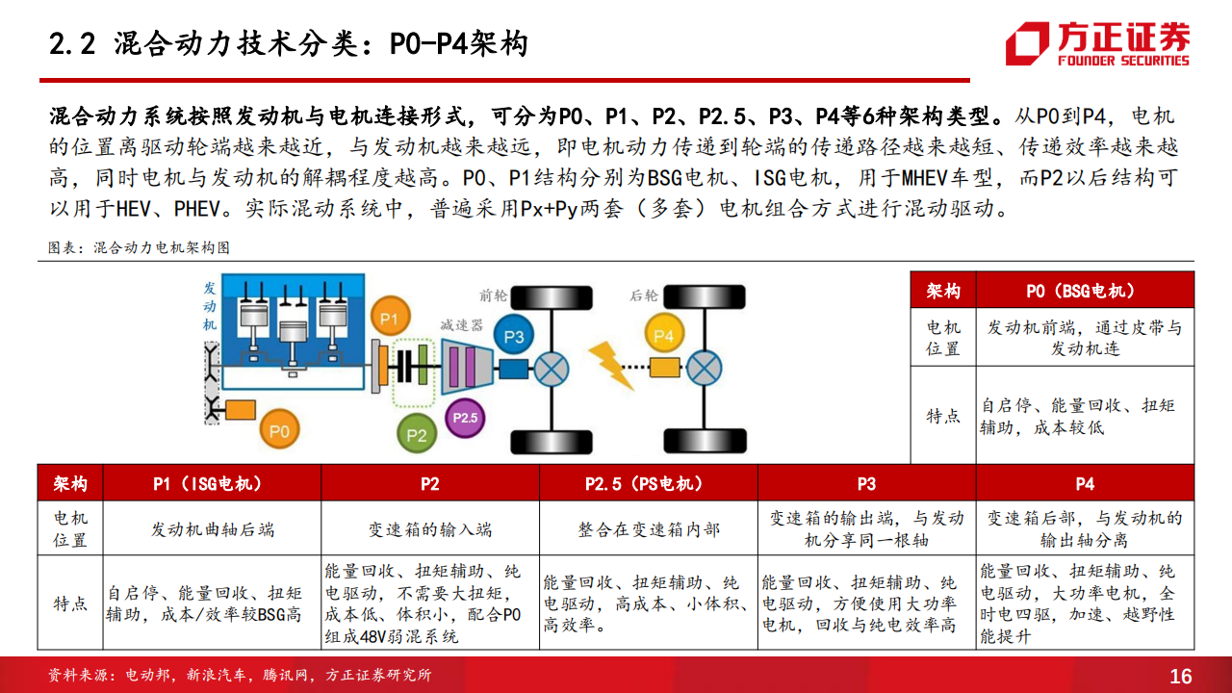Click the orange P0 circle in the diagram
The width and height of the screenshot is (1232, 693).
(x=279, y=429)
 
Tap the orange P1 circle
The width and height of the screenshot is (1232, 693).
(x=390, y=318)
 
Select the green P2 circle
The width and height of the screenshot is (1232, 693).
(x=417, y=434)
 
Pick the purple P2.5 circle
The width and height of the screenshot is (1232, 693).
(x=465, y=418)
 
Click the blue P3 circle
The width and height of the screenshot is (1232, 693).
(x=514, y=336)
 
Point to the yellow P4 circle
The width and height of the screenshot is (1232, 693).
(x=664, y=335)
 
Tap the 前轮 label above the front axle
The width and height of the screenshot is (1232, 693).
(x=493, y=295)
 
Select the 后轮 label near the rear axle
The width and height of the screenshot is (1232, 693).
(x=644, y=295)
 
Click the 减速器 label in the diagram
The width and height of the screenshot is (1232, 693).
(x=461, y=325)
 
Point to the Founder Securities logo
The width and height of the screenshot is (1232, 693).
(x=1097, y=44)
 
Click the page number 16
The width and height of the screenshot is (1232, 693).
(x=1180, y=676)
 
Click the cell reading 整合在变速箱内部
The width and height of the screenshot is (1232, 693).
(x=649, y=529)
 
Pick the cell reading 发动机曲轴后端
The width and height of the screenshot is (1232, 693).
(x=213, y=529)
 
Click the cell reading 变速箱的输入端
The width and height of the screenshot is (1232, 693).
(x=430, y=529)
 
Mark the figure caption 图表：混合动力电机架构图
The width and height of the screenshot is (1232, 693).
(x=139, y=247)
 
